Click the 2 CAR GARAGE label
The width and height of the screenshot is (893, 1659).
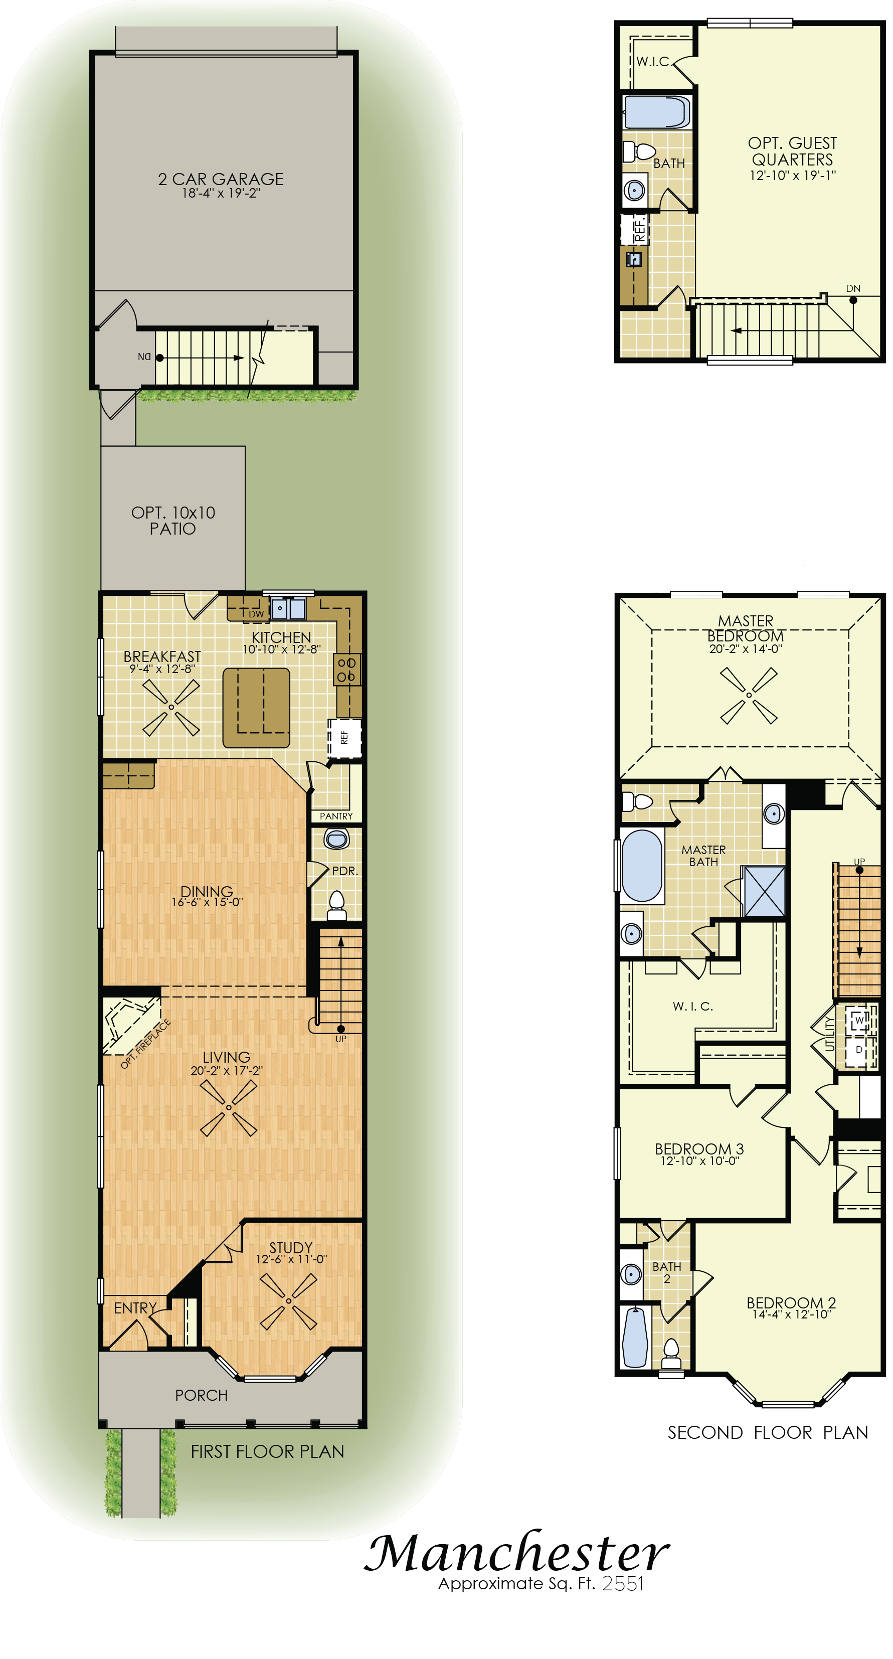click(x=221, y=179)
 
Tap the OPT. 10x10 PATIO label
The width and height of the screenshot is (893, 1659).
click(x=173, y=521)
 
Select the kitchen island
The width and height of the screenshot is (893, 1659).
click(x=256, y=708)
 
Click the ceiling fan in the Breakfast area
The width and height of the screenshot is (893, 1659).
click(x=171, y=707)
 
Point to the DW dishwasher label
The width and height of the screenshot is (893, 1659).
click(x=256, y=614)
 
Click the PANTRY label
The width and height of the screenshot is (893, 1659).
click(x=336, y=816)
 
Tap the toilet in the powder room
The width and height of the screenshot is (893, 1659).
click(x=337, y=906)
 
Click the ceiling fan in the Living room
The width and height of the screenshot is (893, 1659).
click(x=229, y=1108)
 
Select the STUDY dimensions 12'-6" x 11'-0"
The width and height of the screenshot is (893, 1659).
click(x=292, y=1259)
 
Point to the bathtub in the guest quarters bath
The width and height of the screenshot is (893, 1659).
click(x=657, y=112)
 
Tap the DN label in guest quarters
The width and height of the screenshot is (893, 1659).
click(x=853, y=288)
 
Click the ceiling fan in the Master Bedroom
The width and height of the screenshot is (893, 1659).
click(x=749, y=696)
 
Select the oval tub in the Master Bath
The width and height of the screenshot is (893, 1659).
click(x=642, y=865)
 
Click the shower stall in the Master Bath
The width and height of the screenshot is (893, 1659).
click(x=764, y=891)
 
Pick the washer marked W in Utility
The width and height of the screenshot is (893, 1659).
click(x=859, y=1020)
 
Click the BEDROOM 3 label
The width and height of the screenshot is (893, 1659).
click(x=699, y=1149)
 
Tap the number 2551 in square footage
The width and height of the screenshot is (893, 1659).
click(x=623, y=1584)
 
